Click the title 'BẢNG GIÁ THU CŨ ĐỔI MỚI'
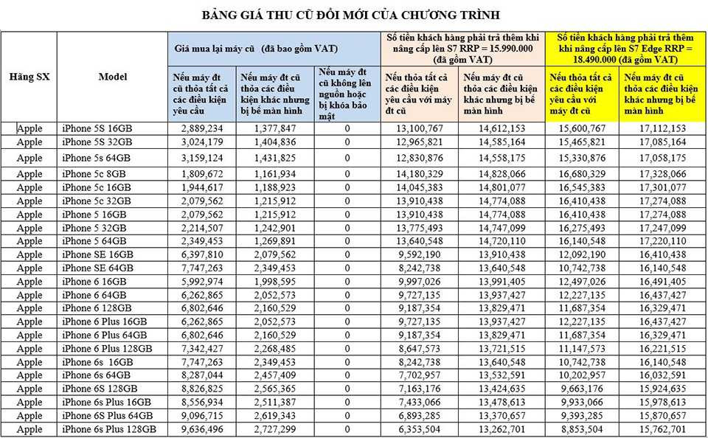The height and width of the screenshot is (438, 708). (353, 15)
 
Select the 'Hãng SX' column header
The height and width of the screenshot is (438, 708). (29, 77)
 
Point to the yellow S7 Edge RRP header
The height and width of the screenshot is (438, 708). (625, 48)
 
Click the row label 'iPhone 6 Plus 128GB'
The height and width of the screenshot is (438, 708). (107, 348)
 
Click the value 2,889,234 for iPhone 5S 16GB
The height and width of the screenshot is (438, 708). (201, 128)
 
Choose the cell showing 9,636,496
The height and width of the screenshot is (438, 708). (201, 429)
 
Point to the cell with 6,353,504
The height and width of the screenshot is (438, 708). (417, 429)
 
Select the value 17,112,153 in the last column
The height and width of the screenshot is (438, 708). (662, 128)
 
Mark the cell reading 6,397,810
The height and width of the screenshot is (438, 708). (201, 254)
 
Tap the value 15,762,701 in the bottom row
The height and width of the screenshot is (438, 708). (662, 429)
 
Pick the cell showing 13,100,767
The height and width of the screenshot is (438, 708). (417, 128)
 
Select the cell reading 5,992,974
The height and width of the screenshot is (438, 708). (201, 281)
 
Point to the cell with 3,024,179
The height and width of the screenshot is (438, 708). (201, 142)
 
